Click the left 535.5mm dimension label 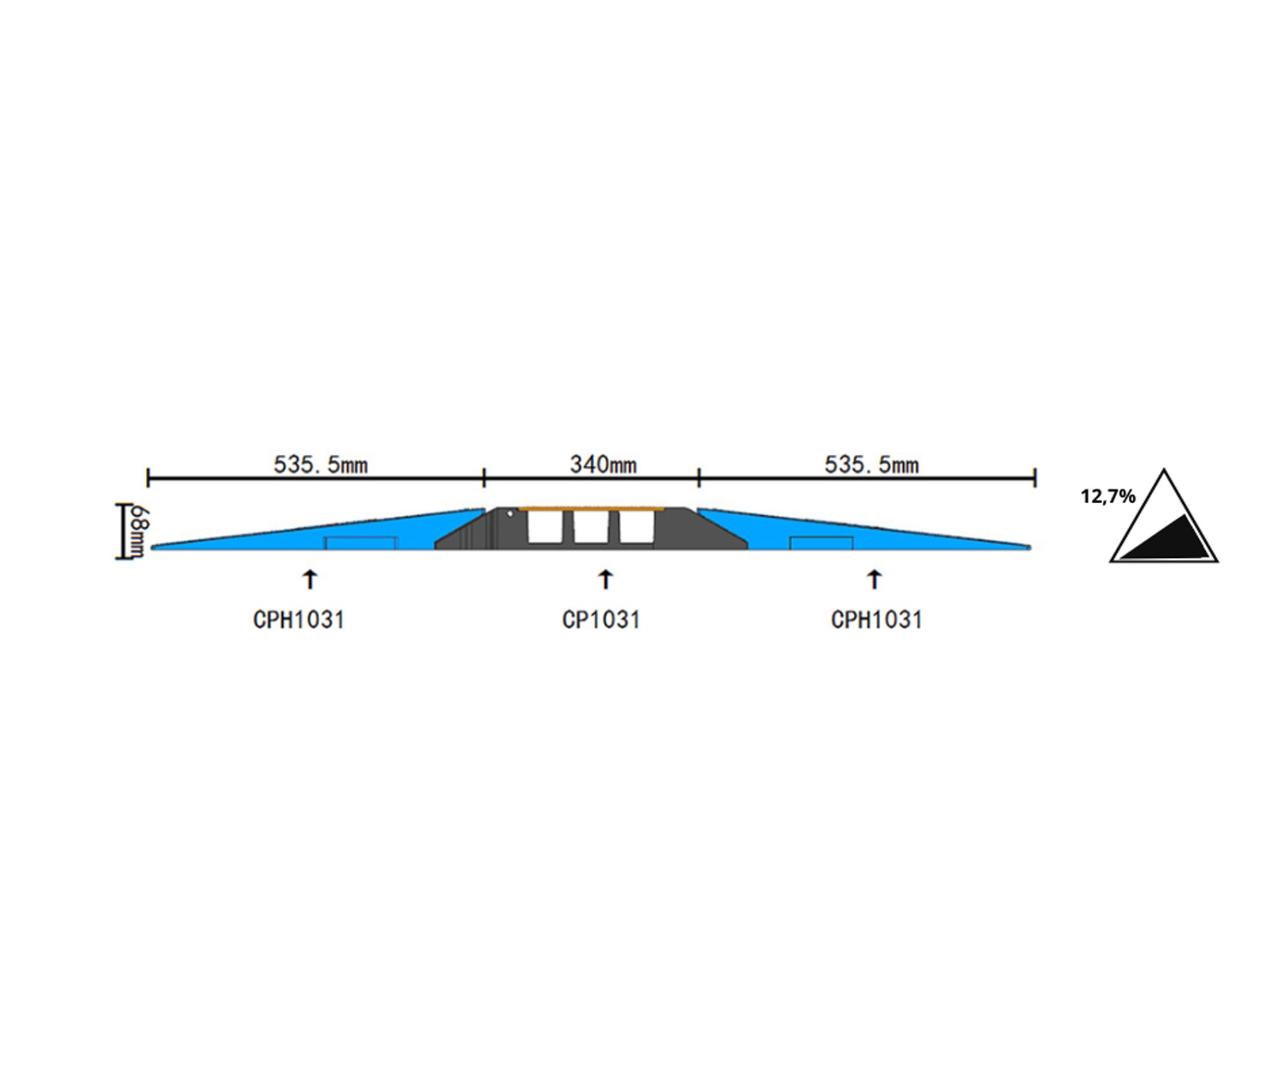[x=320, y=465]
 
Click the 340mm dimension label [x=603, y=465]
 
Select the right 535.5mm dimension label [x=871, y=465]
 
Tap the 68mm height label [x=140, y=531]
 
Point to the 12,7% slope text [x=1108, y=497]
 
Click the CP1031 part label [x=601, y=620]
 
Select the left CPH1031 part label [x=299, y=620]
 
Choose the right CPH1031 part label [x=877, y=620]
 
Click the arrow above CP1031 [x=605, y=580]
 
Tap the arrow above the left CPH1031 [x=310, y=580]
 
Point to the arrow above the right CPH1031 [x=875, y=580]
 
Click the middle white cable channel [x=591, y=528]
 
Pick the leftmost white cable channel [x=545, y=528]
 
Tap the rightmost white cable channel [x=637, y=528]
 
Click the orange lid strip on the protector [x=592, y=509]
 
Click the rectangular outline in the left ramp [x=361, y=543]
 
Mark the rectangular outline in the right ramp [x=821, y=543]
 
